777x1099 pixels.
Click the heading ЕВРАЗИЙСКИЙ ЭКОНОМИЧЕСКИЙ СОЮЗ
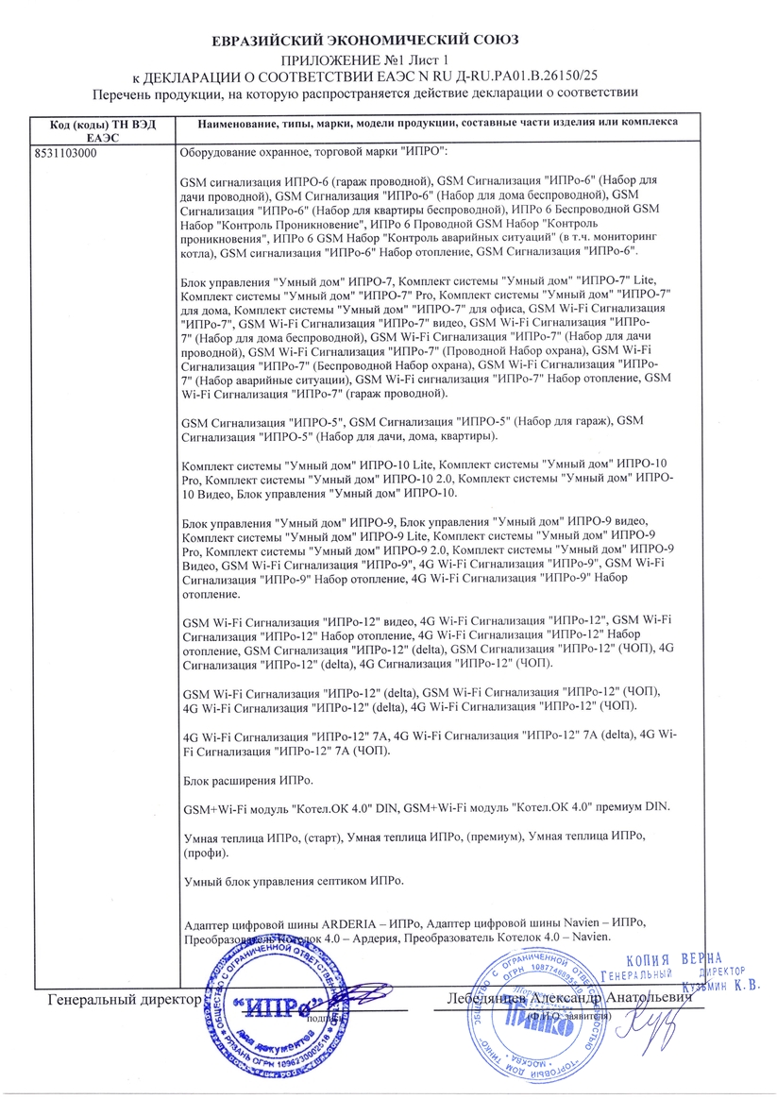click(365, 42)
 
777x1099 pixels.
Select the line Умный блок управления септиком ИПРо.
click(291, 881)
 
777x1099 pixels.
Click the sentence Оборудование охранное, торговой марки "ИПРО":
click(313, 153)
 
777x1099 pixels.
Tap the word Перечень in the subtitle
click(125, 93)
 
